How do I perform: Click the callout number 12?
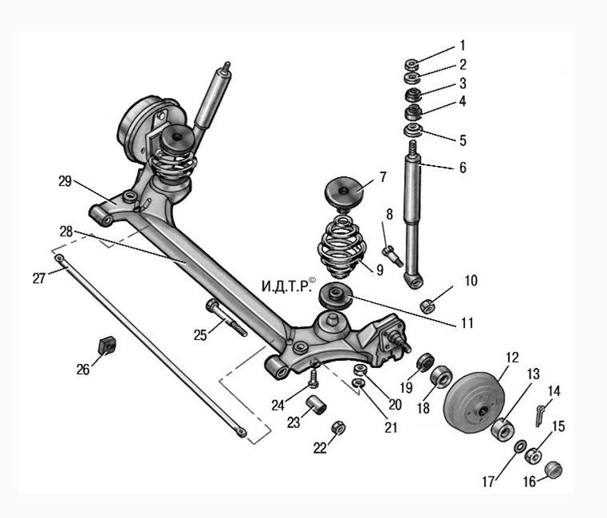512,358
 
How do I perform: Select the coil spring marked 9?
342,248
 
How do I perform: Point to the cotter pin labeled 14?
540,415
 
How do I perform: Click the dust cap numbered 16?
553,469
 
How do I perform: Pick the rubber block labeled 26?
107,345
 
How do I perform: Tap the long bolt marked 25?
227,318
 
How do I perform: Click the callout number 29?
65,180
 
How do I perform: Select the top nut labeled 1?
411,64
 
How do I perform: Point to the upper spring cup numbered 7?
344,192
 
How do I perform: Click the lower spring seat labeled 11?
335,296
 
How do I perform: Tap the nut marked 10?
427,306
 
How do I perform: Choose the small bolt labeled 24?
314,378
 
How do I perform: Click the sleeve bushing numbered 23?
317,405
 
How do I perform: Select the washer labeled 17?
520,446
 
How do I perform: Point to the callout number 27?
38,278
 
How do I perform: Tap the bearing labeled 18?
441,377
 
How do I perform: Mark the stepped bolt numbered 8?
393,256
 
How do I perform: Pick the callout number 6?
463,168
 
